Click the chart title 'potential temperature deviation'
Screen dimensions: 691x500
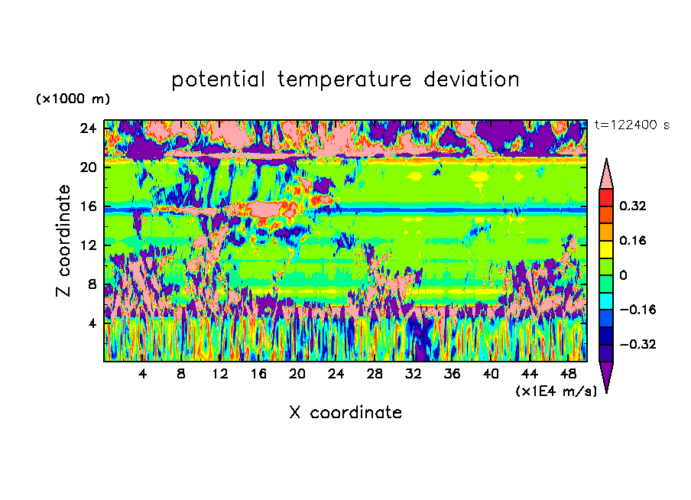pos(345,80)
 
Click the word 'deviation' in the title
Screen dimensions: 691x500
pos(472,80)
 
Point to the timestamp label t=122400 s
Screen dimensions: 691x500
pos(632,125)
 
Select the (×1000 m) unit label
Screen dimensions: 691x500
pos(73,99)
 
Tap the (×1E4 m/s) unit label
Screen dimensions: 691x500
pos(556,391)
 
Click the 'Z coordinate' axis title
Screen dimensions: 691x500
pos(63,241)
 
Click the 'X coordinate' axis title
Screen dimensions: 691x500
pos(345,413)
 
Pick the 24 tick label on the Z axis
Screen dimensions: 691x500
pos(88,128)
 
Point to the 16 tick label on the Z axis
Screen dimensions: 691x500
pos(88,206)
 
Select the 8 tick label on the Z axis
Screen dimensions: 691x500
pos(92,284)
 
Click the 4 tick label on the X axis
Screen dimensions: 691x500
pos(142,375)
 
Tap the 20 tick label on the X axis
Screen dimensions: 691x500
pos(297,375)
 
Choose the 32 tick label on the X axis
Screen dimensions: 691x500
pos(413,375)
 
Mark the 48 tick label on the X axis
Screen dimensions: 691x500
pos(568,375)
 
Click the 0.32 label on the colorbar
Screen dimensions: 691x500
pos(633,206)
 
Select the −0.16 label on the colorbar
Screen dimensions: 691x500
pos(637,310)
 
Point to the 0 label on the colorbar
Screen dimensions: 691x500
pos(623,275)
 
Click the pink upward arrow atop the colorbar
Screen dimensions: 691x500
pos(606,174)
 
